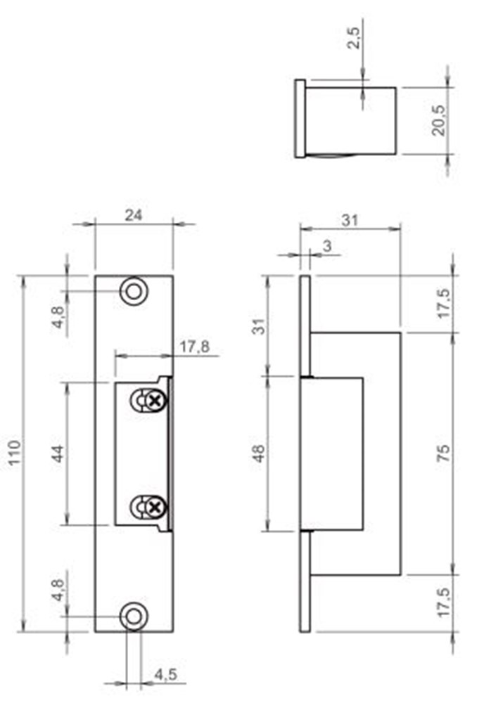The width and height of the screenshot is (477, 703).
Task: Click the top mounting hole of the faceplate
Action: click(x=134, y=291)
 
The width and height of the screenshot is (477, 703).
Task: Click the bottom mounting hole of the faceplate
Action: click(x=134, y=616)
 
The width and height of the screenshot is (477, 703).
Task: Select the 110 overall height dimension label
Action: click(x=15, y=453)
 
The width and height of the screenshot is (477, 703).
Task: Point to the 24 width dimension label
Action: click(x=133, y=216)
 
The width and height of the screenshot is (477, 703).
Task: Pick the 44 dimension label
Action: click(x=59, y=453)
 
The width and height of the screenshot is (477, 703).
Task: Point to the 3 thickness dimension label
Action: click(x=326, y=245)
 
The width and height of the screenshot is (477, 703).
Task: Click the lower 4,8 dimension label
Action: click(x=59, y=591)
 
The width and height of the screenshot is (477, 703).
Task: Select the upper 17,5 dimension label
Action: click(x=443, y=303)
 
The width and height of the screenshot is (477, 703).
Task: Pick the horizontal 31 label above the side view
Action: click(x=350, y=219)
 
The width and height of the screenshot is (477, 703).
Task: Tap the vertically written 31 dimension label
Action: click(x=260, y=325)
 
